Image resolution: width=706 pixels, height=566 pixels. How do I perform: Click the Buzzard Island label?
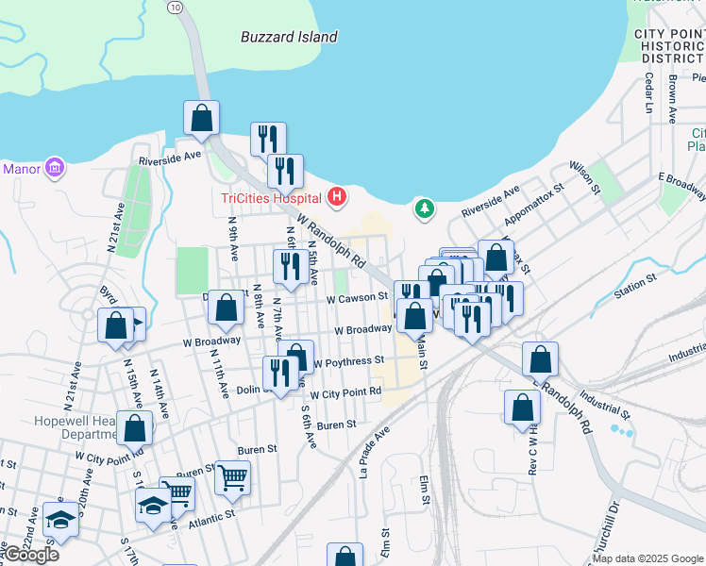pos(288,37)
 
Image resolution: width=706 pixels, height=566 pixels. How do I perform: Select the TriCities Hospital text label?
pos(270,197)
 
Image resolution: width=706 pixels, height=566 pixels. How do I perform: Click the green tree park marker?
pos(425,207)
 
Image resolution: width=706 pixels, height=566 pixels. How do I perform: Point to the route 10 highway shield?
pos(175,6)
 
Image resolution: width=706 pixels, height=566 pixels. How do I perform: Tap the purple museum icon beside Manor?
pos(56,169)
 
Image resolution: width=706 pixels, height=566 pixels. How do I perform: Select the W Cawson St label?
pos(358,297)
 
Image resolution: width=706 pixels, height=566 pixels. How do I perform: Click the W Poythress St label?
pos(348,360)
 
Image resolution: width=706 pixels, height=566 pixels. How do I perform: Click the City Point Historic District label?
pos(669,45)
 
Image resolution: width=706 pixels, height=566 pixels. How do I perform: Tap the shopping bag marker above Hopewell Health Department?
pos(135,427)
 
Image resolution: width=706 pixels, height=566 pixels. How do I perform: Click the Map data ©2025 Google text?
pos(647,558)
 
